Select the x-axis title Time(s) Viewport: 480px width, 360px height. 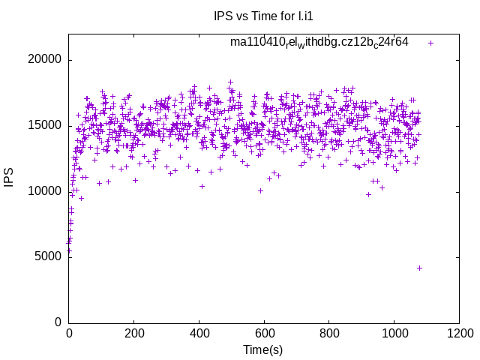pos(263,349)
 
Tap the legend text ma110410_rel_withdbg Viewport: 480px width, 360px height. pos(319,42)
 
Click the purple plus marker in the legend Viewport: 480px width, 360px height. pos(430,43)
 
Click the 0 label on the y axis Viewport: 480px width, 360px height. pos(58,322)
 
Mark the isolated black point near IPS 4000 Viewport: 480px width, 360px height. pos(419,268)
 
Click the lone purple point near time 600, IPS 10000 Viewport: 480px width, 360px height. pos(260,190)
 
